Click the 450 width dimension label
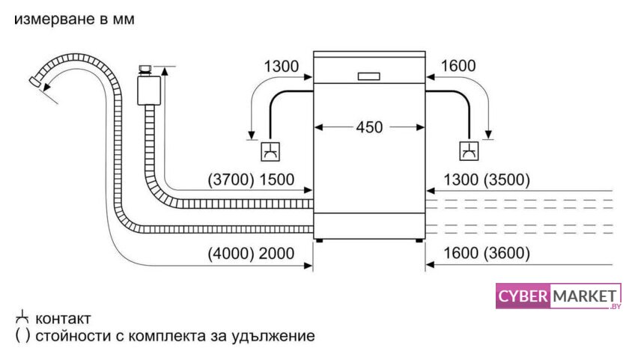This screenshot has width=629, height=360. click(x=369, y=127)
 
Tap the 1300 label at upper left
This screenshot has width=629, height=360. click(x=282, y=66)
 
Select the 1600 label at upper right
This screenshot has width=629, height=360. click(x=458, y=66)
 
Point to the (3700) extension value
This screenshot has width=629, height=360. click(x=231, y=180)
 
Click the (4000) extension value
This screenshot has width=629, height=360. click(x=231, y=254)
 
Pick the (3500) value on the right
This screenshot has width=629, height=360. click(x=507, y=180)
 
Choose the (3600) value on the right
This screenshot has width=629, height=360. click(x=507, y=253)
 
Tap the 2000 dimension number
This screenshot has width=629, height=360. click(x=276, y=254)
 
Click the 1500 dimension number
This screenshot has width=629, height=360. click(x=277, y=180)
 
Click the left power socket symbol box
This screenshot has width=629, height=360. click(x=270, y=151)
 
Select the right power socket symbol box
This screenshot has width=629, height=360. click(x=469, y=151)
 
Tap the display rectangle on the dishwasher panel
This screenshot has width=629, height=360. click(x=368, y=76)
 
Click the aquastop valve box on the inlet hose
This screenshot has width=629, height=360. click(x=149, y=91)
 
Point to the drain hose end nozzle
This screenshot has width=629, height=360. click(x=35, y=81)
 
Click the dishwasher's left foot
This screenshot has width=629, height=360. click(x=319, y=241)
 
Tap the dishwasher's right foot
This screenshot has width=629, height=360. click(x=419, y=241)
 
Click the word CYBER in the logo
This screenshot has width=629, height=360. click(x=523, y=296)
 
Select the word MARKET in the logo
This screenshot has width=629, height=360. click(x=585, y=296)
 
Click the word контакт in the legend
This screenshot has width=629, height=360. click(x=63, y=319)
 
